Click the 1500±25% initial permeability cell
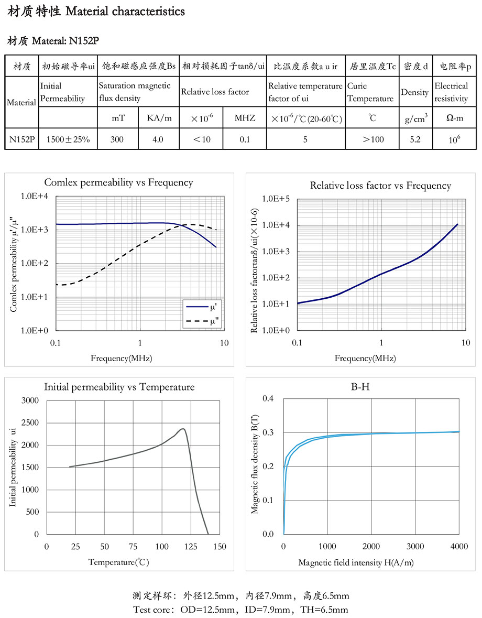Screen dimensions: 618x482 [x=68, y=139]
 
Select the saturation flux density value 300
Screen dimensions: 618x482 [x=118, y=139]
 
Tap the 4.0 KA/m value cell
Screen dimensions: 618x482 [x=158, y=139]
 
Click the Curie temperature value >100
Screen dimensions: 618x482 [x=372, y=139]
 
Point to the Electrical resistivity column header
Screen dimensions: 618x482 [x=451, y=92]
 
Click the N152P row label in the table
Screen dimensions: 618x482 [x=21, y=139]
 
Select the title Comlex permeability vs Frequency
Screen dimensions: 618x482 [x=118, y=183]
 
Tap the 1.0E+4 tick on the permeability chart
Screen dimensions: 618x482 [x=35, y=197]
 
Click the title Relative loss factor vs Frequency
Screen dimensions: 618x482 [x=380, y=186]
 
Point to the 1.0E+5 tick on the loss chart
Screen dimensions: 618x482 [x=276, y=199]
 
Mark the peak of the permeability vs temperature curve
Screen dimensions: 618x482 [x=182, y=429]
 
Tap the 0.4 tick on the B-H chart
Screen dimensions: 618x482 [x=268, y=398]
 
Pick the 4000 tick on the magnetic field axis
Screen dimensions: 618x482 [x=459, y=547]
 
